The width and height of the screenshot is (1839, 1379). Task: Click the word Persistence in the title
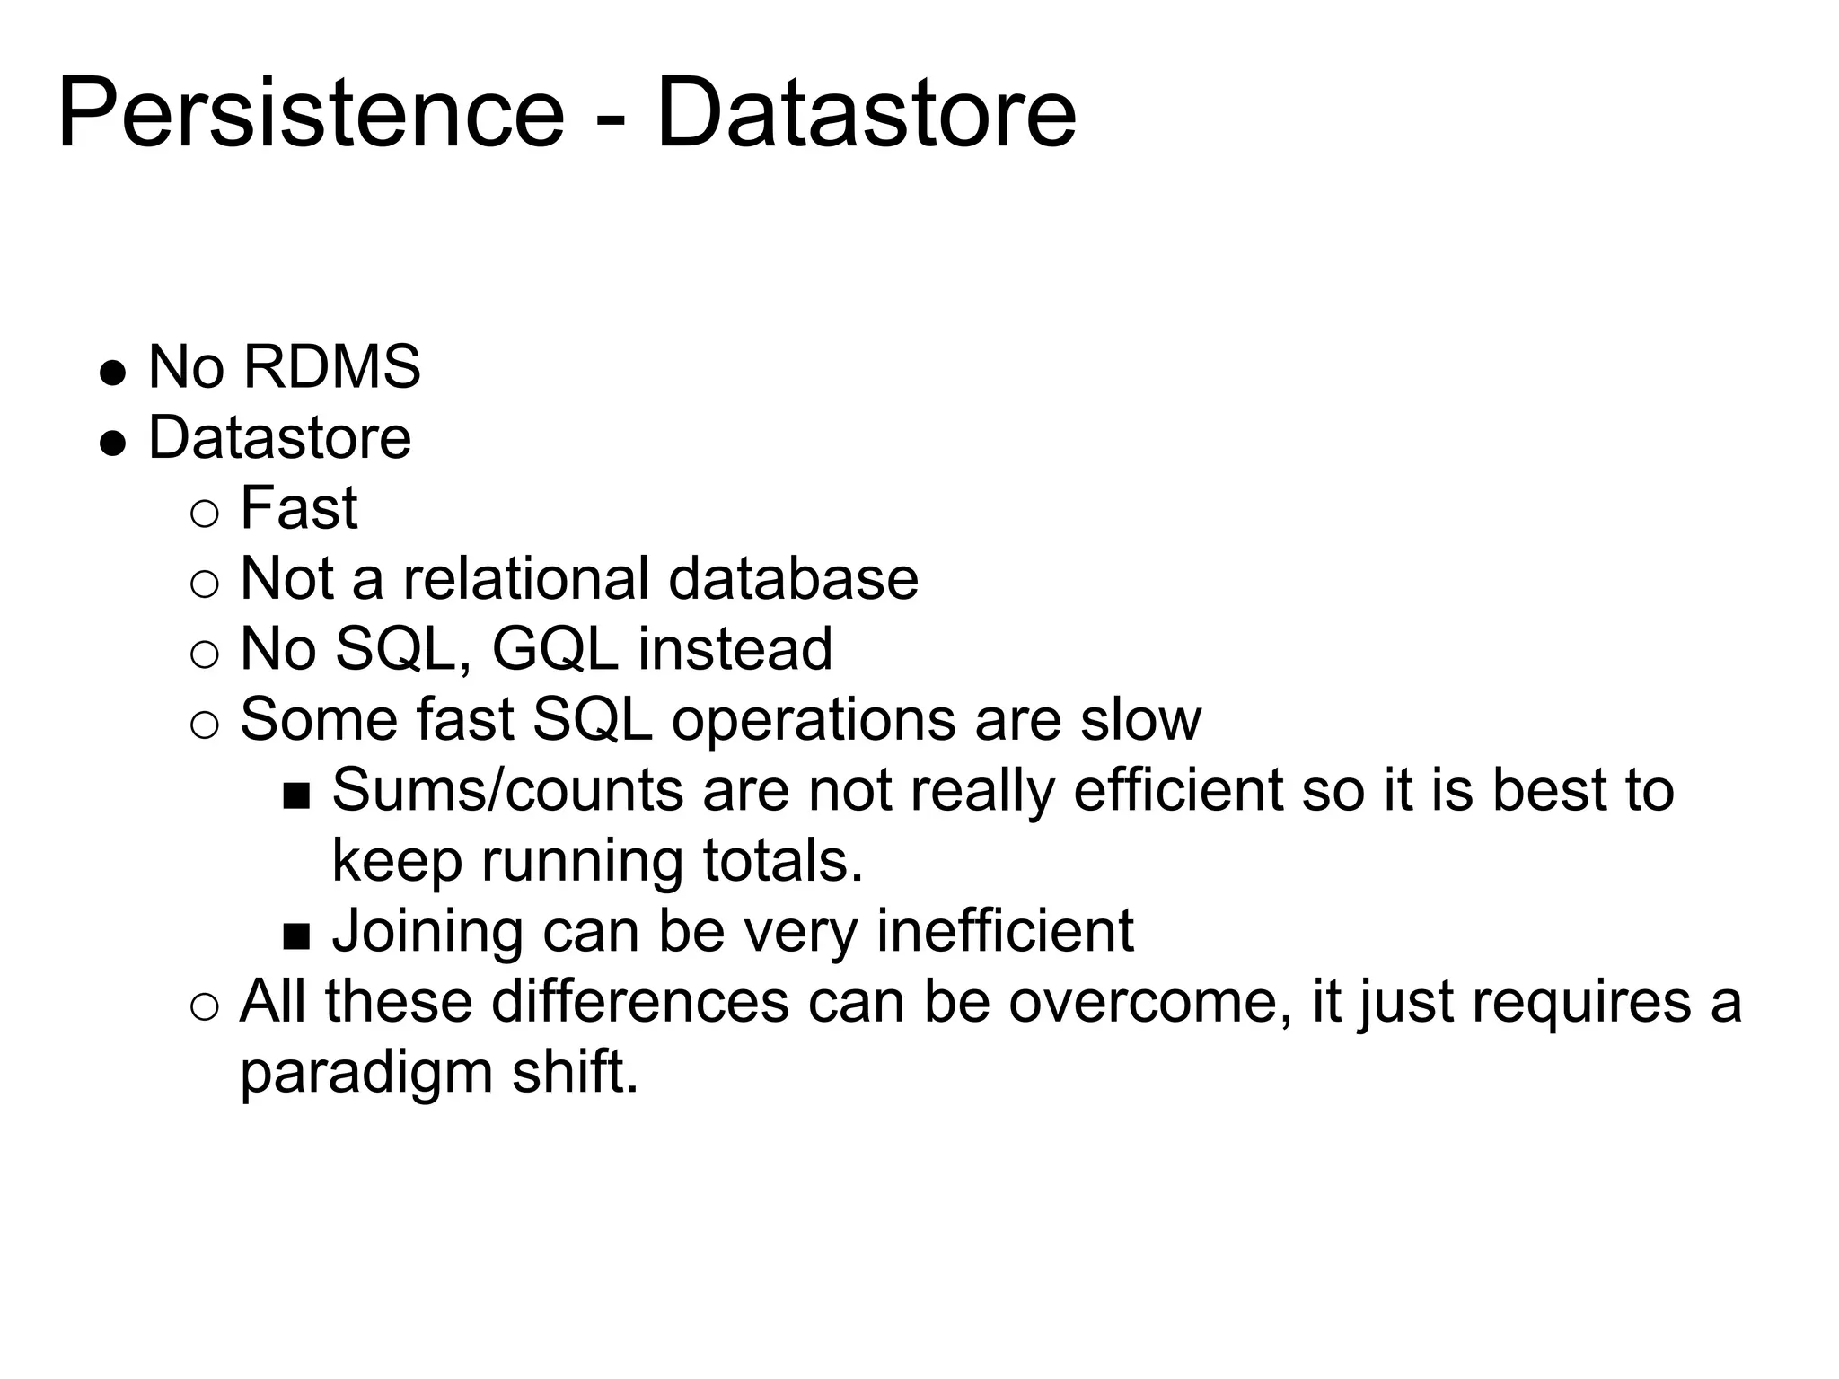(311, 115)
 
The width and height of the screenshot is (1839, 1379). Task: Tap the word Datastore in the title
(866, 115)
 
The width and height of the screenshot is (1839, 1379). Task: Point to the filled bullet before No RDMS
(112, 372)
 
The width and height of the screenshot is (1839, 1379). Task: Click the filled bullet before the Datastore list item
(112, 443)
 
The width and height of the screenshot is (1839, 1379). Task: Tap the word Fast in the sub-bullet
(299, 508)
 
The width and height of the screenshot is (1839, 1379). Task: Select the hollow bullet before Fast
(205, 514)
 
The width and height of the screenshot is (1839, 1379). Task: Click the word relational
(525, 578)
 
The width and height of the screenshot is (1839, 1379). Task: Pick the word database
(794, 578)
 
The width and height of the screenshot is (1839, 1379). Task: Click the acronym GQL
(554, 649)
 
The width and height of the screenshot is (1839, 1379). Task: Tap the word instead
(735, 649)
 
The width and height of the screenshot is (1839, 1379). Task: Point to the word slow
(1140, 719)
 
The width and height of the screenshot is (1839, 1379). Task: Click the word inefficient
(1005, 931)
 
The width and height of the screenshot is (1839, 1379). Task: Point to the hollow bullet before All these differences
(205, 1007)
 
